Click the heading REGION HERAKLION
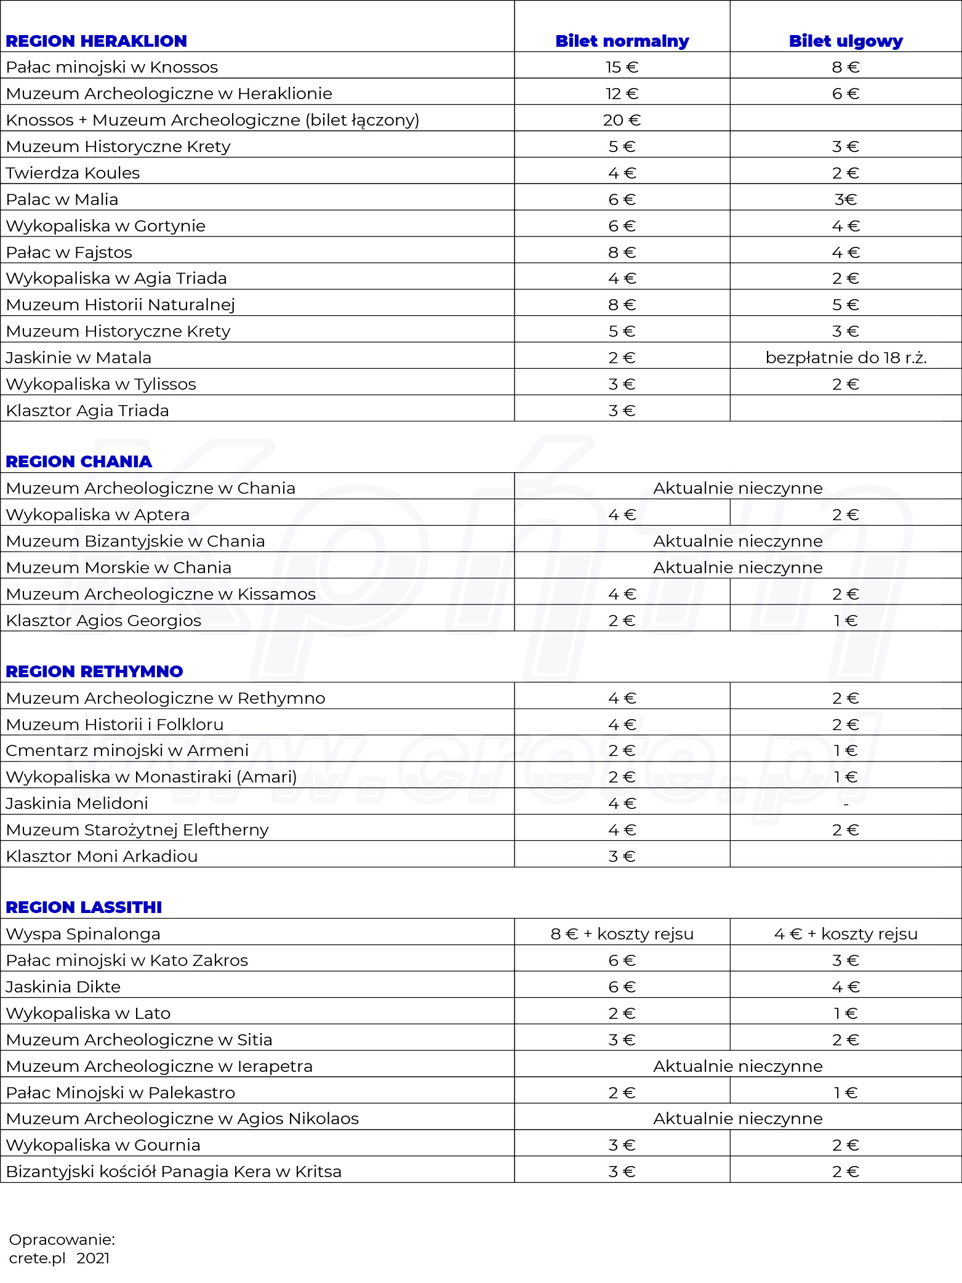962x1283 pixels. coord(97,41)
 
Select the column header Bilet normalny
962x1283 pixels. coord(622,41)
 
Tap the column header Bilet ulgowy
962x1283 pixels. coord(846,41)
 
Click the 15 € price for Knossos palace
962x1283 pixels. coord(622,67)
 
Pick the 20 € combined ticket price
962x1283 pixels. coord(622,120)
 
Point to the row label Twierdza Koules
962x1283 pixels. coord(73,173)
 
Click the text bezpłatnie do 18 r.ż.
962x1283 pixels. coord(846,358)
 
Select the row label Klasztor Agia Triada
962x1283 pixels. coord(87,411)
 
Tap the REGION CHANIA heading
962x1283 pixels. coord(79,462)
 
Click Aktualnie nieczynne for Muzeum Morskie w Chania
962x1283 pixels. coord(737,568)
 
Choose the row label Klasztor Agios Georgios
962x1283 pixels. coord(103,621)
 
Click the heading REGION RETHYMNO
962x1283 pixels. coord(94,672)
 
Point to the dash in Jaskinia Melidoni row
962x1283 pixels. coord(846,804)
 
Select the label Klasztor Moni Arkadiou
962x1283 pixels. coord(102,856)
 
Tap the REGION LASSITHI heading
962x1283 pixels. coord(84,907)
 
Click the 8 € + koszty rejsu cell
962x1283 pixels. coord(622,934)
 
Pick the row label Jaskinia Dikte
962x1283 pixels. coord(63,987)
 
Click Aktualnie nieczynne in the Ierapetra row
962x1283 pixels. coord(737,1066)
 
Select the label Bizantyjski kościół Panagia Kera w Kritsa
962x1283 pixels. coord(174,1172)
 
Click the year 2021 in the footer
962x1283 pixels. coord(93,1258)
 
